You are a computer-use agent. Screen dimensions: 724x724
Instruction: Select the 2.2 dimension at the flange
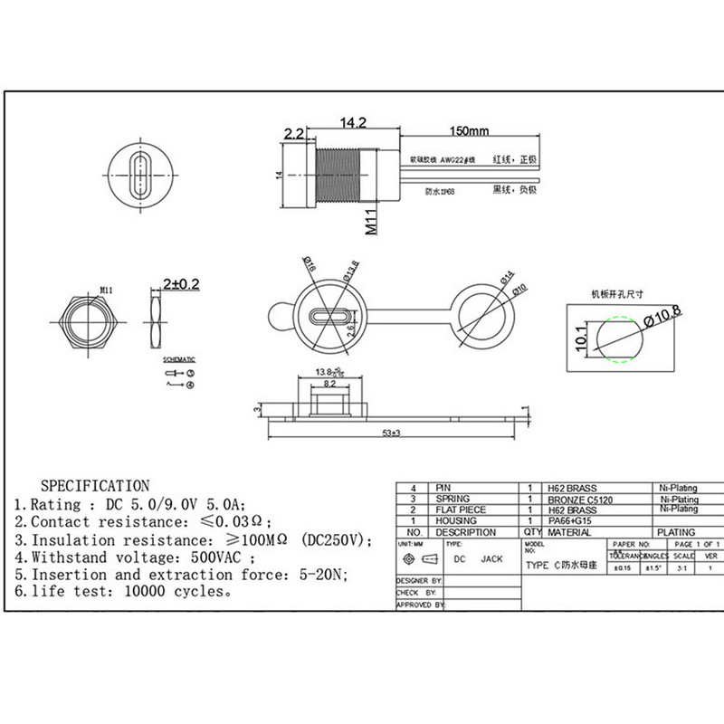point(294,133)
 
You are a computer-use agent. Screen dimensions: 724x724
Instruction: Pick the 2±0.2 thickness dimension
point(180,284)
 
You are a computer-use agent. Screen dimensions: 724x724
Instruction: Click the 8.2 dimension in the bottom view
point(330,384)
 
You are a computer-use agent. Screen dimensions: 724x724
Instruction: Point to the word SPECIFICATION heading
point(95,486)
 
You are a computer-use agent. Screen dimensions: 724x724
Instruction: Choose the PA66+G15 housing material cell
point(570,521)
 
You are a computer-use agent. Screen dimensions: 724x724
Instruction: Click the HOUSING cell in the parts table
point(455,521)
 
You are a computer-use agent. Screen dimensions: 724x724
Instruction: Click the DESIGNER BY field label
point(419,579)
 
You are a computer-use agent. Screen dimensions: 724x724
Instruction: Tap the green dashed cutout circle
point(619,339)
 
